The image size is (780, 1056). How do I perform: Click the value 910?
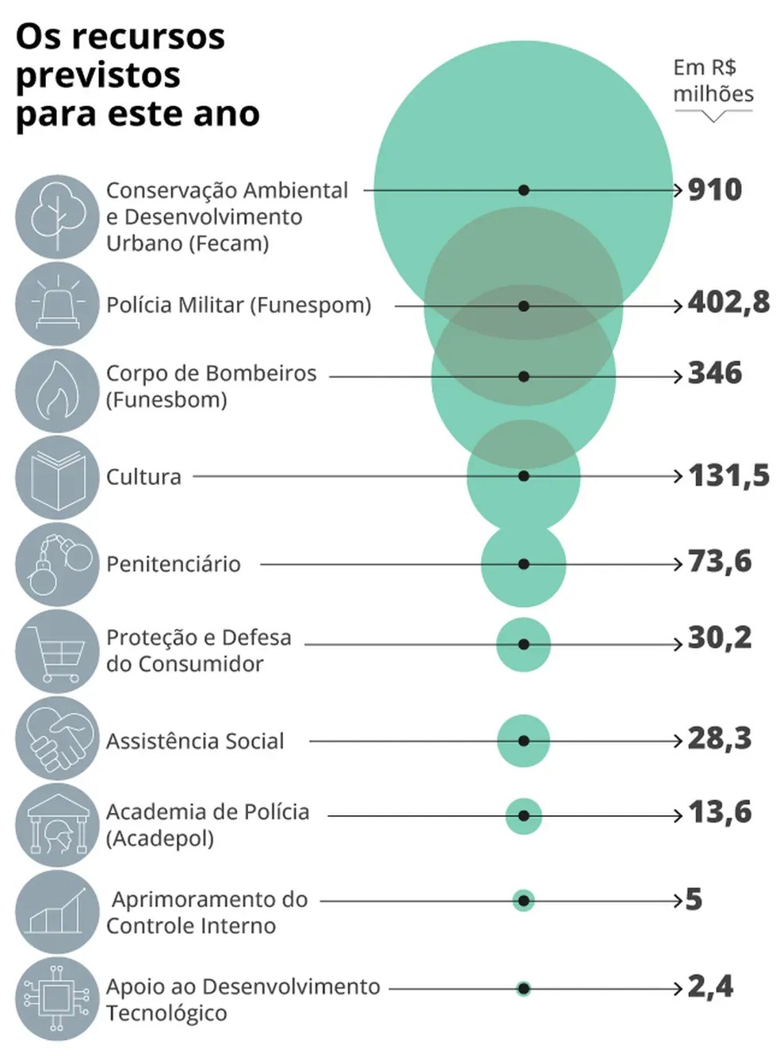tap(714, 190)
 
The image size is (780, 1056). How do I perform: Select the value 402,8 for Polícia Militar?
tap(728, 303)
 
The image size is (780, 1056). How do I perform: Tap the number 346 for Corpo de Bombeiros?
tap(714, 373)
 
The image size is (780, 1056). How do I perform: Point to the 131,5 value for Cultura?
tap(728, 475)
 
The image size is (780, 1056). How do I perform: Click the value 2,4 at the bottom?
tap(710, 986)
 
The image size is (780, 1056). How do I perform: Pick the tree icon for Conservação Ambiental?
tap(57, 216)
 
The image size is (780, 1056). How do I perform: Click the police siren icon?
tap(57, 303)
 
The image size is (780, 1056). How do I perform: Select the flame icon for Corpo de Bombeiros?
tap(57, 390)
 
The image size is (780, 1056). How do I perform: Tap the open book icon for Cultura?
tap(57, 477)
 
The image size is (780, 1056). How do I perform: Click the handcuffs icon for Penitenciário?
tap(57, 564)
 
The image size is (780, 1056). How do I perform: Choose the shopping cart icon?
tap(57, 651)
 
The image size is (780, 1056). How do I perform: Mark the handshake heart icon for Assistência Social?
tap(57, 738)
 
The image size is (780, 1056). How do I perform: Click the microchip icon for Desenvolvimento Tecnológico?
tap(57, 999)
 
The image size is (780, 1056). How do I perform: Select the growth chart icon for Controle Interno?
tap(57, 912)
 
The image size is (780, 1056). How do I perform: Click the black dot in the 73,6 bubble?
tap(523, 564)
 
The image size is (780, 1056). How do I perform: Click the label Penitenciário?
tap(174, 564)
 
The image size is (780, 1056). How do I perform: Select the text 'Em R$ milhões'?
tap(713, 81)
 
